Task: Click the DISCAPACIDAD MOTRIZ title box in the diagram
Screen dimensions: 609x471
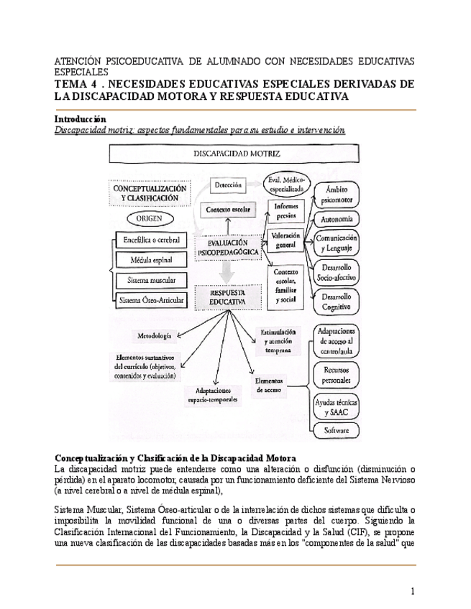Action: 236,154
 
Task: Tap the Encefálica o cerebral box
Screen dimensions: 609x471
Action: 152,239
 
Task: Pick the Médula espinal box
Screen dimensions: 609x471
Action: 152,259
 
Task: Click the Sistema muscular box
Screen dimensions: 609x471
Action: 152,279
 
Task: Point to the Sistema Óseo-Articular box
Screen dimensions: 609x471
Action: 152,300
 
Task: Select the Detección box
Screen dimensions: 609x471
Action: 227,185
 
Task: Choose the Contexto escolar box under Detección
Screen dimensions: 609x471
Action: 227,209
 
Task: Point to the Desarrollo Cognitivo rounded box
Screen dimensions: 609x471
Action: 337,301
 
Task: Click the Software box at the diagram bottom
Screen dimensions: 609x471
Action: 337,430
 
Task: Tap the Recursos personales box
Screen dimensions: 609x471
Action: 337,373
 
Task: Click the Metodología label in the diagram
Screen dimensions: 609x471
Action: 153,336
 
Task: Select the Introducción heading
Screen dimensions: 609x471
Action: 81,118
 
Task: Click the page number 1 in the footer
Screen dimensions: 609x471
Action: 413,591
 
